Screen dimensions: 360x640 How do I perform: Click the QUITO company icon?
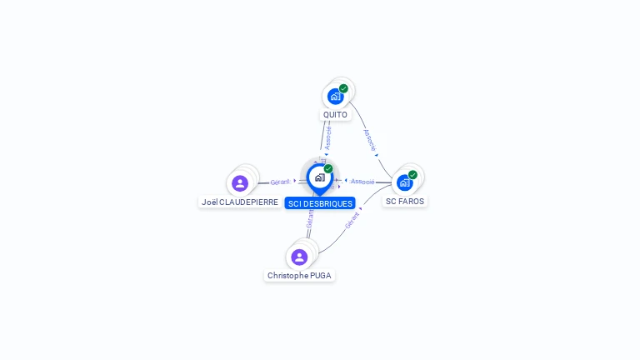tap(335, 96)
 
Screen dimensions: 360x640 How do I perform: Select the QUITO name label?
tap(335, 115)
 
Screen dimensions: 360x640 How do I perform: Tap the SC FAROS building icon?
tap(404, 182)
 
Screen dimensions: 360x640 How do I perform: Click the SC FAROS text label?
tap(405, 202)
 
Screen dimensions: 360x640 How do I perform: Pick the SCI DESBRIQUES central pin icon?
tap(319, 177)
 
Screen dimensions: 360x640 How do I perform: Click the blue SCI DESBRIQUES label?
tap(320, 203)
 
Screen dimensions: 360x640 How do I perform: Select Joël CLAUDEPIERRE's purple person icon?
tap(240, 183)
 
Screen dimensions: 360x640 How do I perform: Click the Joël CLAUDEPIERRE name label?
tap(240, 202)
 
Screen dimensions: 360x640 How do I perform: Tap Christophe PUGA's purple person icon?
tap(299, 257)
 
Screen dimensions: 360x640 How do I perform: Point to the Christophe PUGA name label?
tap(299, 276)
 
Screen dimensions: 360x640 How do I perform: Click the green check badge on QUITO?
tap(343, 88)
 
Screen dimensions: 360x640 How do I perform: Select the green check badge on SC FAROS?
tap(412, 175)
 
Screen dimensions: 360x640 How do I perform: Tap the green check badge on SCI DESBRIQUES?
tap(328, 169)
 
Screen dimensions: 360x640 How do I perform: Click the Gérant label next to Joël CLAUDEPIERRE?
tap(280, 182)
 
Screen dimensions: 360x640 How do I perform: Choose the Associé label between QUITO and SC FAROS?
tap(370, 139)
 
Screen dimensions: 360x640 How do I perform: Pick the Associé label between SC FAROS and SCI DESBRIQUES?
tap(362, 181)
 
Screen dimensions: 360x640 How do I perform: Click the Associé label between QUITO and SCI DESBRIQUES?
tap(328, 137)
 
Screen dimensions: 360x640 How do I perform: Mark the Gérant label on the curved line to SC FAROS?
tap(352, 220)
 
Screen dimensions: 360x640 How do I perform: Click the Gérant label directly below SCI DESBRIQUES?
tap(310, 218)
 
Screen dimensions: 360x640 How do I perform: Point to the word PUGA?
tap(320, 276)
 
